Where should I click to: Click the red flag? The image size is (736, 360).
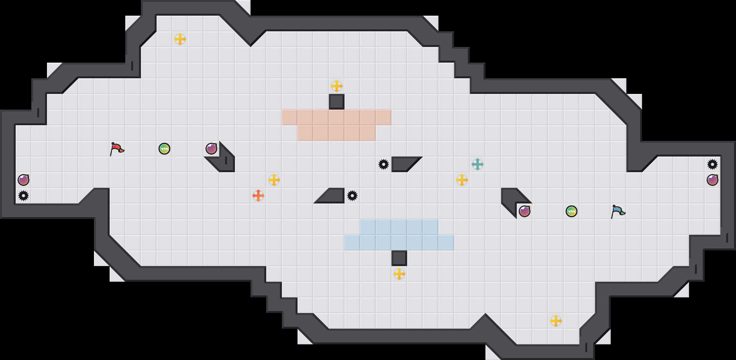(117, 149)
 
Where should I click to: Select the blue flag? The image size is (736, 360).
(618, 211)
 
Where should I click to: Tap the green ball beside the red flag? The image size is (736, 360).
(164, 149)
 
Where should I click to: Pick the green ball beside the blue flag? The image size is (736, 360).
(572, 211)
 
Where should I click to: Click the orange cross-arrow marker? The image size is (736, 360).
(258, 196)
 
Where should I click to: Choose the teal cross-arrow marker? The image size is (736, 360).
(478, 164)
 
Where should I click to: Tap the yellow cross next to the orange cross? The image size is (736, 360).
(274, 180)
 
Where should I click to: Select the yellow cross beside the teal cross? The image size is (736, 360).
(462, 180)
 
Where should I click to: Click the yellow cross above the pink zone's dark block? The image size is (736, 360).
(337, 86)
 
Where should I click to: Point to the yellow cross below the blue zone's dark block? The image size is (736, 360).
(399, 274)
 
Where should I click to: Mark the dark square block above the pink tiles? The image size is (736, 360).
(337, 102)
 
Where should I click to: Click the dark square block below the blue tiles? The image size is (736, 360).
(399, 258)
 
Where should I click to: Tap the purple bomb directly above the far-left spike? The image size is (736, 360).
(23, 180)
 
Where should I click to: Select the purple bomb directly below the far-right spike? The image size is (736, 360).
(713, 180)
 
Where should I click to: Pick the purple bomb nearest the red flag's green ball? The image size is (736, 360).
(211, 149)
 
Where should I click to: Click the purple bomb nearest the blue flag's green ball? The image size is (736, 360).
(525, 211)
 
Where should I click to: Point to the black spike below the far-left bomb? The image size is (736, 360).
(23, 196)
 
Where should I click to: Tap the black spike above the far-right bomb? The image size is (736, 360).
(713, 164)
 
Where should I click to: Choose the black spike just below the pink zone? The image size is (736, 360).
(384, 164)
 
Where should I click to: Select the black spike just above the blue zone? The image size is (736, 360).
(352, 196)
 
